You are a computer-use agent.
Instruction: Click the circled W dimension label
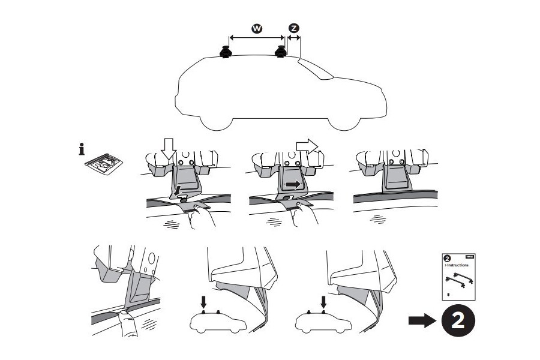click(x=256, y=29)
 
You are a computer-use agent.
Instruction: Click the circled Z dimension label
click(x=293, y=29)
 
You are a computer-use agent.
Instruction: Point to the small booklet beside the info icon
click(x=104, y=163)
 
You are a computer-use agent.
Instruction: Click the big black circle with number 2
click(x=458, y=320)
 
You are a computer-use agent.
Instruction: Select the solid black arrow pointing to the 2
click(x=421, y=320)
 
